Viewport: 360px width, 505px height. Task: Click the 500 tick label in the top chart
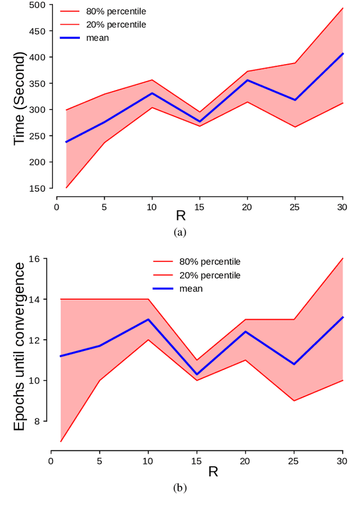coord(38,5)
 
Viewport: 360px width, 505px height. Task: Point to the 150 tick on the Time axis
coord(38,188)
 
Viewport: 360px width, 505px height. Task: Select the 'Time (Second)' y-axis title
coord(20,98)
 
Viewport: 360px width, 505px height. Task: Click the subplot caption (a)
coord(179,232)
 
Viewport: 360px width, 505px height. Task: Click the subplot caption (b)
coord(179,488)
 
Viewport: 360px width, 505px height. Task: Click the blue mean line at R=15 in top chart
coord(200,121)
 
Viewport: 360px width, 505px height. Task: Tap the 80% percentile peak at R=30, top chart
coord(343,8)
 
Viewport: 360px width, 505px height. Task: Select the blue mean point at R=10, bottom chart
coord(148,319)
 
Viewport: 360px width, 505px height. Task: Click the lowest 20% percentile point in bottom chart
coord(61,441)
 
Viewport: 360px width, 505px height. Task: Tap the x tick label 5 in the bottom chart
coord(100,461)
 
